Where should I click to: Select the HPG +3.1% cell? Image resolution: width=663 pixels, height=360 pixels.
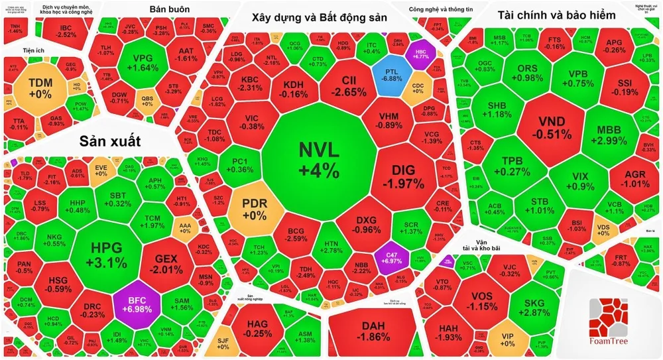click(107, 255)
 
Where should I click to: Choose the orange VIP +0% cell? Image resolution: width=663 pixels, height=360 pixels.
click(508, 339)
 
